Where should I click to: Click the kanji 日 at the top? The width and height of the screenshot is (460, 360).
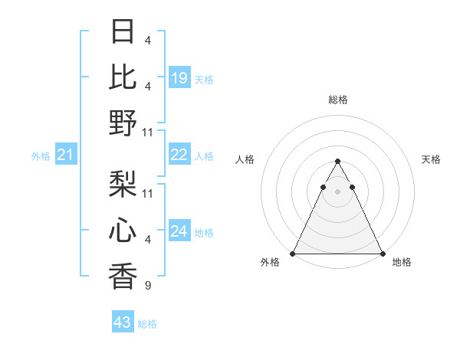pos(123,32)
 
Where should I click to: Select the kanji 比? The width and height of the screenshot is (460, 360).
pos(123,77)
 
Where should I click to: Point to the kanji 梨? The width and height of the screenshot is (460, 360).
pos(123,185)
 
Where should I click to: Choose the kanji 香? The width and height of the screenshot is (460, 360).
pos(123,275)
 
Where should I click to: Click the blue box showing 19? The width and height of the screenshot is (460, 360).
pos(179,78)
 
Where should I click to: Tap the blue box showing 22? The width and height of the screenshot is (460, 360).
pos(179,155)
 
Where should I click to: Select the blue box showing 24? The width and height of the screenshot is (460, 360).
pos(179,231)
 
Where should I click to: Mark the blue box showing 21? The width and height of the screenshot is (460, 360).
pos(66,155)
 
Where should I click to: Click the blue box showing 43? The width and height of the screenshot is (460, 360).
pos(123,322)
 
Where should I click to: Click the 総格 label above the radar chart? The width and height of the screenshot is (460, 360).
pos(337,100)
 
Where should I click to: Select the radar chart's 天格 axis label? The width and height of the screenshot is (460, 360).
pos(432,159)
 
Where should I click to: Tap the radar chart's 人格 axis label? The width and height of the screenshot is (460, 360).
pos(245,159)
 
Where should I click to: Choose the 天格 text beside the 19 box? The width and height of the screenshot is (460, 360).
pos(204,79)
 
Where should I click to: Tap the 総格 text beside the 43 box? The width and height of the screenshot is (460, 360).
pos(147,324)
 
